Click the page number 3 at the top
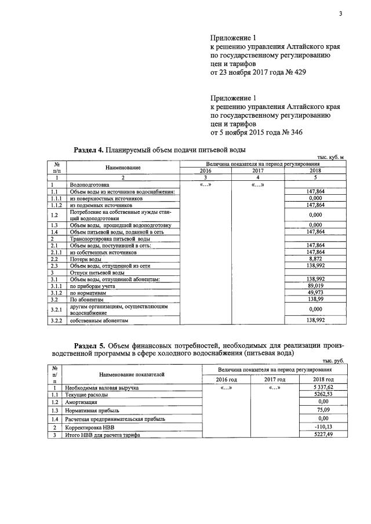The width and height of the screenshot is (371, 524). pyautogui.click(x=340, y=14)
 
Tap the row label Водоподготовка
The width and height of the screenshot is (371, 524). pyautogui.click(x=88, y=185)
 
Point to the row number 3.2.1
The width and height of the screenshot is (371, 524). pyautogui.click(x=56, y=310)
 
